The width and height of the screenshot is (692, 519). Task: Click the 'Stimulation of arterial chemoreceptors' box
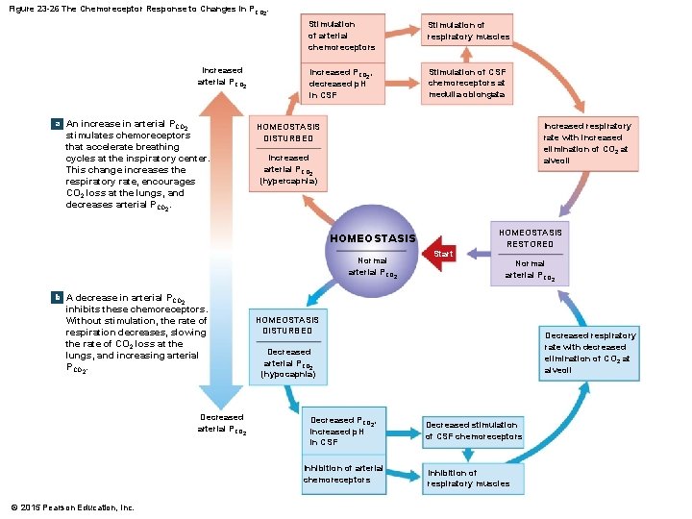[x=342, y=36]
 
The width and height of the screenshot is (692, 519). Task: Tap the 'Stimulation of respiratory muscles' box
[x=468, y=32]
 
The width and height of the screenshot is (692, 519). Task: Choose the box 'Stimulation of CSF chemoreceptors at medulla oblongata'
[x=468, y=84]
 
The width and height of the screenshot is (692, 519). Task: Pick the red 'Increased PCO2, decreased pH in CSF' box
[x=342, y=84]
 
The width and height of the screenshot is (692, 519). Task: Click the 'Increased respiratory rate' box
[x=587, y=144]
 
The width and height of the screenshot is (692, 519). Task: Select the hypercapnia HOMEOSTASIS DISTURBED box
[x=288, y=154]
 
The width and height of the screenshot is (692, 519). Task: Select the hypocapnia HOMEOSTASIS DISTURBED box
[x=288, y=346]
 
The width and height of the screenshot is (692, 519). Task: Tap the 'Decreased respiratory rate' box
[x=587, y=353]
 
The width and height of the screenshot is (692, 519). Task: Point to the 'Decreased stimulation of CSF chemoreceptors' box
[x=473, y=431]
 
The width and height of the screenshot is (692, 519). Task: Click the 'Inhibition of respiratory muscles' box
[x=473, y=479]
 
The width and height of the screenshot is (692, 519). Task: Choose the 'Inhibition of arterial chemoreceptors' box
[x=342, y=474]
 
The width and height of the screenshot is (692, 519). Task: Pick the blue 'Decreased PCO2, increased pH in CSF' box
[x=342, y=431]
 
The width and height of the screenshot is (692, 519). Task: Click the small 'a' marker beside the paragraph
[x=57, y=124]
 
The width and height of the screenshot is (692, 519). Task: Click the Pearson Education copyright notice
[x=72, y=507]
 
